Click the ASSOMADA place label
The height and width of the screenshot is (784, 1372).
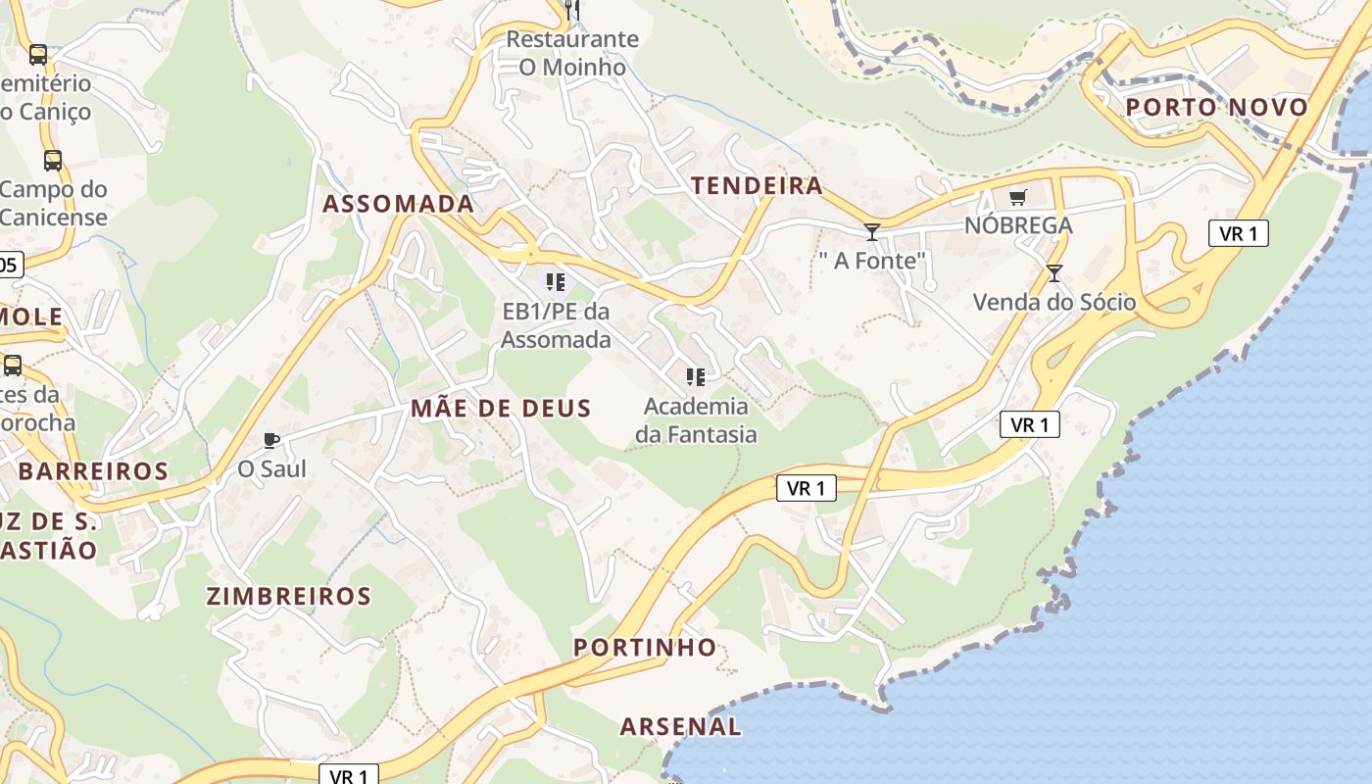(x=398, y=204)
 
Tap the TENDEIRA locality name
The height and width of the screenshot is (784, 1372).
(x=757, y=186)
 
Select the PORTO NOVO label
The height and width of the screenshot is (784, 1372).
(x=1216, y=108)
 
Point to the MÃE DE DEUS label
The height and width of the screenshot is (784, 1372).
(x=501, y=409)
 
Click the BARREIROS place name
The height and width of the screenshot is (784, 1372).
(x=93, y=471)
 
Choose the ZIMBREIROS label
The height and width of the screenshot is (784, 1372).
(x=289, y=597)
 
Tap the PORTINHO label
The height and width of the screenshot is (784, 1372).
(x=645, y=648)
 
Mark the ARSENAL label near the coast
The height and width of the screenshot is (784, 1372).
(x=680, y=727)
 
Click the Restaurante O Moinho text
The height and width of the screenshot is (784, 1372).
(x=572, y=53)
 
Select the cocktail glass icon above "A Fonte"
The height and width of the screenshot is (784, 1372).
(x=871, y=232)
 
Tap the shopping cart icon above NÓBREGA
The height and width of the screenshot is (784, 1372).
(x=1018, y=198)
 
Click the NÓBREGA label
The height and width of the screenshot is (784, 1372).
(x=1018, y=225)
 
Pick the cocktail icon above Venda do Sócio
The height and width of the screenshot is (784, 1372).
(x=1054, y=273)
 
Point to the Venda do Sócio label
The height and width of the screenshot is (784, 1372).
(x=1054, y=302)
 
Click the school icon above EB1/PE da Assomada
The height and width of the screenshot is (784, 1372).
(x=556, y=283)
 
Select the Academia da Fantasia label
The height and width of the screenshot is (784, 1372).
(x=696, y=419)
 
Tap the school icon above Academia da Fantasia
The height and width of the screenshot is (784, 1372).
(x=696, y=377)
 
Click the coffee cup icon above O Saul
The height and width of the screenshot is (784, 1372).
(x=271, y=441)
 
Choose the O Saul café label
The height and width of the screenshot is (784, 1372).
(x=271, y=469)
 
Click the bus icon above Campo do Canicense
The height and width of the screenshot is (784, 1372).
(x=52, y=161)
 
